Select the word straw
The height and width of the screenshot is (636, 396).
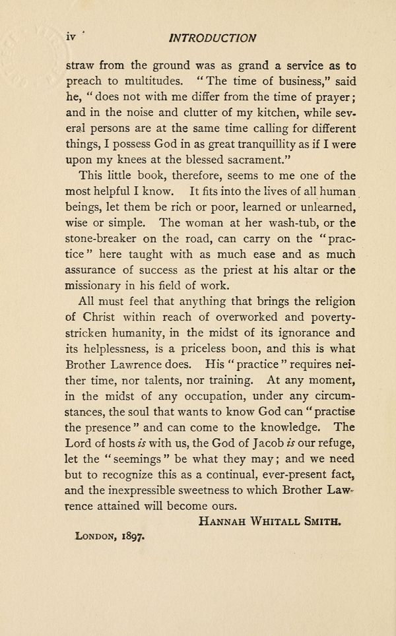tap(81, 66)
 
